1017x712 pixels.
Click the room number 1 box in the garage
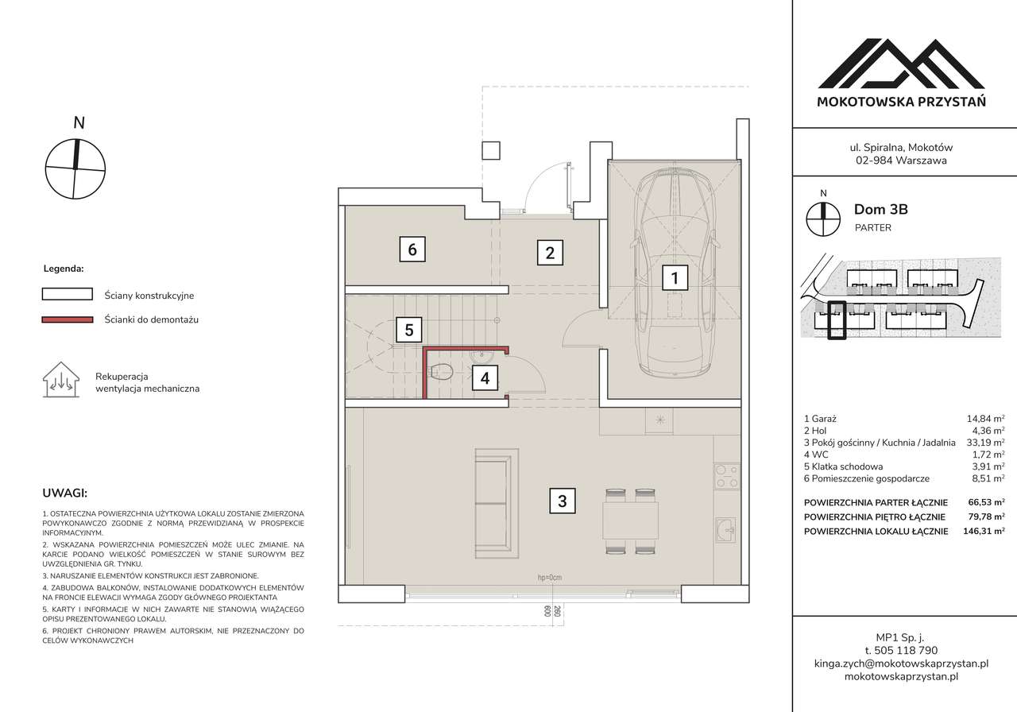coord(675,278)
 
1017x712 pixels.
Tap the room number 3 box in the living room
coord(562,501)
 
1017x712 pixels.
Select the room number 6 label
coord(412,250)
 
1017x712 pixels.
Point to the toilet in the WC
coord(442,371)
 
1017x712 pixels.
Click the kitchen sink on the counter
coord(725,528)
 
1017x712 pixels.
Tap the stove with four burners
coord(725,476)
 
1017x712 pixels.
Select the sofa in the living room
coord(498,502)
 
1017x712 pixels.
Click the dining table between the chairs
coord(630,521)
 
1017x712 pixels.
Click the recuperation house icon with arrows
coord(60,380)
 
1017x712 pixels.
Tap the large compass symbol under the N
coord(75,168)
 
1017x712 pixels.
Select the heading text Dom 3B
coord(880,210)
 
